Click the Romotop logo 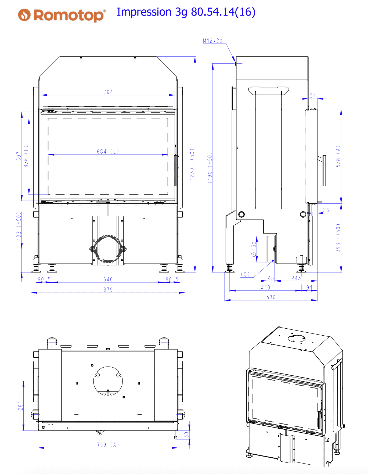pos(62,15)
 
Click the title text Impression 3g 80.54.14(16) pos(186,12)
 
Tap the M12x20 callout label pos(212,41)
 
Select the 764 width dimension pos(108,92)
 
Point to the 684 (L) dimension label pos(108,152)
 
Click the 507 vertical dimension pos(19,156)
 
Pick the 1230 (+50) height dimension pos(192,164)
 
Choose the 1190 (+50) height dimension pos(210,168)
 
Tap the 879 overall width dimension pos(108,290)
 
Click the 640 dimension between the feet pos(108,279)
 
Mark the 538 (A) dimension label pos(338,156)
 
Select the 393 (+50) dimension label pos(338,238)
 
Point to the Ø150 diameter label pos(254,249)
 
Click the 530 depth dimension pos(271,297)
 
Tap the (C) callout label pos(245,274)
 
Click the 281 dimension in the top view pos(20,406)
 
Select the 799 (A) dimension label pos(108,445)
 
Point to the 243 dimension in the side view pos(296,278)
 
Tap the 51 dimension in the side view pos(313,96)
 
